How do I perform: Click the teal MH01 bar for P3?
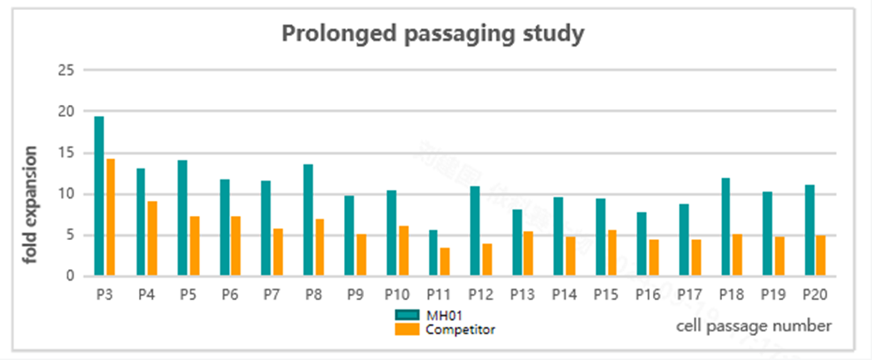(x=99, y=196)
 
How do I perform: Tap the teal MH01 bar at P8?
(x=308, y=220)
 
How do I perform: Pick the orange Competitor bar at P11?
(x=445, y=262)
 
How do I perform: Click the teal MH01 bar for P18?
(x=725, y=227)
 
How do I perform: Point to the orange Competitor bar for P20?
(x=820, y=256)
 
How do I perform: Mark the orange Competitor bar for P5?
(x=194, y=247)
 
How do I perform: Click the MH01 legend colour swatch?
(x=407, y=314)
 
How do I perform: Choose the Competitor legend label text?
(x=460, y=329)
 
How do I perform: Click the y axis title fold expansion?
(x=31, y=205)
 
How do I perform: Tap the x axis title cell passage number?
(x=753, y=324)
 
